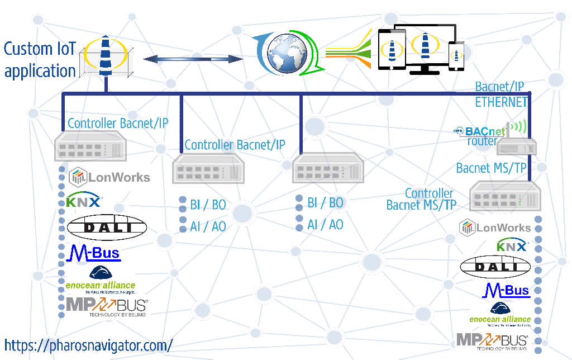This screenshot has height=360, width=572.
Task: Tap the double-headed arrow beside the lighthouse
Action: [193, 59]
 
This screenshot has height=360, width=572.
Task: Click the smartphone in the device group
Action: [457, 56]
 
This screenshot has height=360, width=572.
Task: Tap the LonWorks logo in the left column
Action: [109, 177]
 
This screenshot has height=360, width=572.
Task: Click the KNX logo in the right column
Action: [512, 246]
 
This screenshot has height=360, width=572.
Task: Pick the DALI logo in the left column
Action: [107, 227]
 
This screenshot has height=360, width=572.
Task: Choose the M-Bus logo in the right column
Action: [506, 290]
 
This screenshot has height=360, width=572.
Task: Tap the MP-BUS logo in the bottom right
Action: [492, 340]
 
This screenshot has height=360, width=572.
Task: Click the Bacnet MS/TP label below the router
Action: [492, 168]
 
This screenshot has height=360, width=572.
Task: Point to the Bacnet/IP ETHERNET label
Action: [501, 94]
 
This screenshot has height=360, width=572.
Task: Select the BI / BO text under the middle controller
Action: [208, 205]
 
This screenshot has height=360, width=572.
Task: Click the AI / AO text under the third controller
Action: [325, 225]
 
